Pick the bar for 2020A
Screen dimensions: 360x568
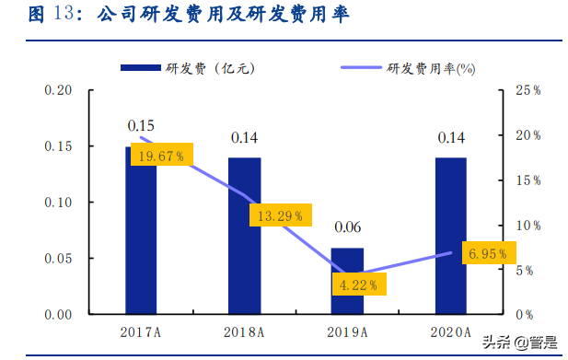coord(450,235)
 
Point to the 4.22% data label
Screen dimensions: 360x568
coord(359,285)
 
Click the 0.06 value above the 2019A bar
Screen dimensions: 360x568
coord(347,226)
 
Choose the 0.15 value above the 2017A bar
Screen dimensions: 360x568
coord(141,125)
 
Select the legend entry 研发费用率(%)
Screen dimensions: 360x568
coord(405,68)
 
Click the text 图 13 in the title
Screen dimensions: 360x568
coord(50,17)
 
